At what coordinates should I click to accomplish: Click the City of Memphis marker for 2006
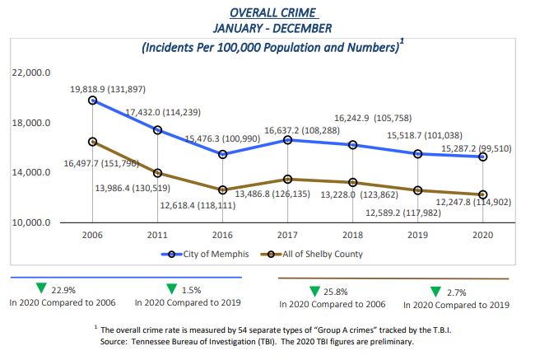pyautogui.click(x=92, y=101)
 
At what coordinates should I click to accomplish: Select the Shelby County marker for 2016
pyautogui.click(x=222, y=189)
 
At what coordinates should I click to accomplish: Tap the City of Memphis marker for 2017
pyautogui.click(x=287, y=140)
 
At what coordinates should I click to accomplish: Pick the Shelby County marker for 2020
pyautogui.click(x=482, y=194)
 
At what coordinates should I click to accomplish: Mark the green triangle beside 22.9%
pyautogui.click(x=39, y=288)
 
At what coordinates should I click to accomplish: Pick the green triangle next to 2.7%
pyautogui.click(x=436, y=290)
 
